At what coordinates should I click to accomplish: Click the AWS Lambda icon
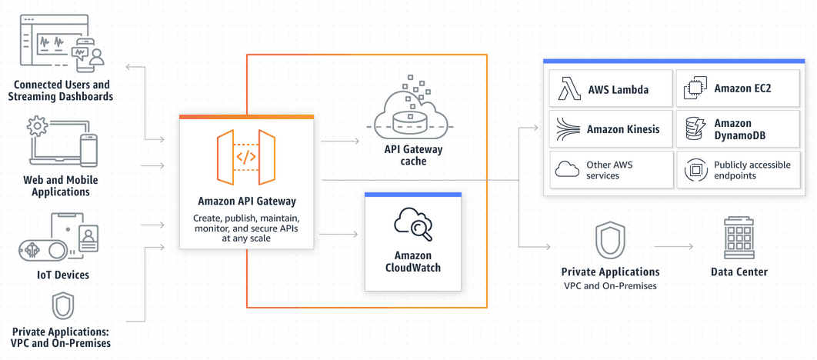[569, 89]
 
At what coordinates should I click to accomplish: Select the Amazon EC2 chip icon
[695, 89]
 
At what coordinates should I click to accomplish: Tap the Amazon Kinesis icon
[568, 129]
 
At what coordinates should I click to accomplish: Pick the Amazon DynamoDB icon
[695, 129]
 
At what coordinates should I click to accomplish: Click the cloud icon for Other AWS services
[568, 169]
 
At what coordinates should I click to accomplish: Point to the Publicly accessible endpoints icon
[695, 170]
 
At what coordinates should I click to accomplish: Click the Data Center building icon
[739, 238]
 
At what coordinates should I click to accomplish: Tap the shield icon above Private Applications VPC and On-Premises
[610, 241]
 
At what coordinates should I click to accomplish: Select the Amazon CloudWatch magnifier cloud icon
[413, 224]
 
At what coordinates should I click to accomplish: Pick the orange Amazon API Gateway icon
[246, 157]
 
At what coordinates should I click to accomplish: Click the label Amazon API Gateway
[246, 202]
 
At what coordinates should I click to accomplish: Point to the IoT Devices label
[62, 275]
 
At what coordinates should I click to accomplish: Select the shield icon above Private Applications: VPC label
[62, 306]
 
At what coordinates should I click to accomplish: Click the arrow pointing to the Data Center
[674, 247]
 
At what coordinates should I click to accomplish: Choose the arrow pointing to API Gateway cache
[340, 142]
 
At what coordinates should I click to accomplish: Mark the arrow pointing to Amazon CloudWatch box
[340, 234]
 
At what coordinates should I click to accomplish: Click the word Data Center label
[739, 272]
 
